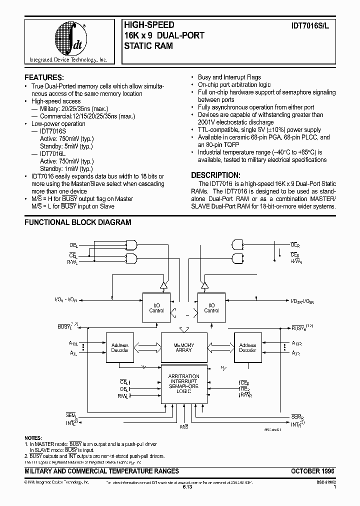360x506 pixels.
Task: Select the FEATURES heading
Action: click(x=44, y=77)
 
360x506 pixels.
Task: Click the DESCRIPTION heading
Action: click(x=216, y=175)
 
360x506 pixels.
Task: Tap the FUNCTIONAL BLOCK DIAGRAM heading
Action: click(x=78, y=222)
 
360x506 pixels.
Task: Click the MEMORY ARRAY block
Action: click(x=183, y=348)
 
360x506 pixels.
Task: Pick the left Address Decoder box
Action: click(x=120, y=348)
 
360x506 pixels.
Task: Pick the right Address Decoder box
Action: click(x=247, y=348)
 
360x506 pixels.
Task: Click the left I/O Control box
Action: click(x=156, y=307)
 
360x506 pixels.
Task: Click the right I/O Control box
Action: click(x=211, y=307)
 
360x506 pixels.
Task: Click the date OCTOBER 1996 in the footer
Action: click(x=312, y=471)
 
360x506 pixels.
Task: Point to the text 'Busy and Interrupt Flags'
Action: click(x=229, y=77)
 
